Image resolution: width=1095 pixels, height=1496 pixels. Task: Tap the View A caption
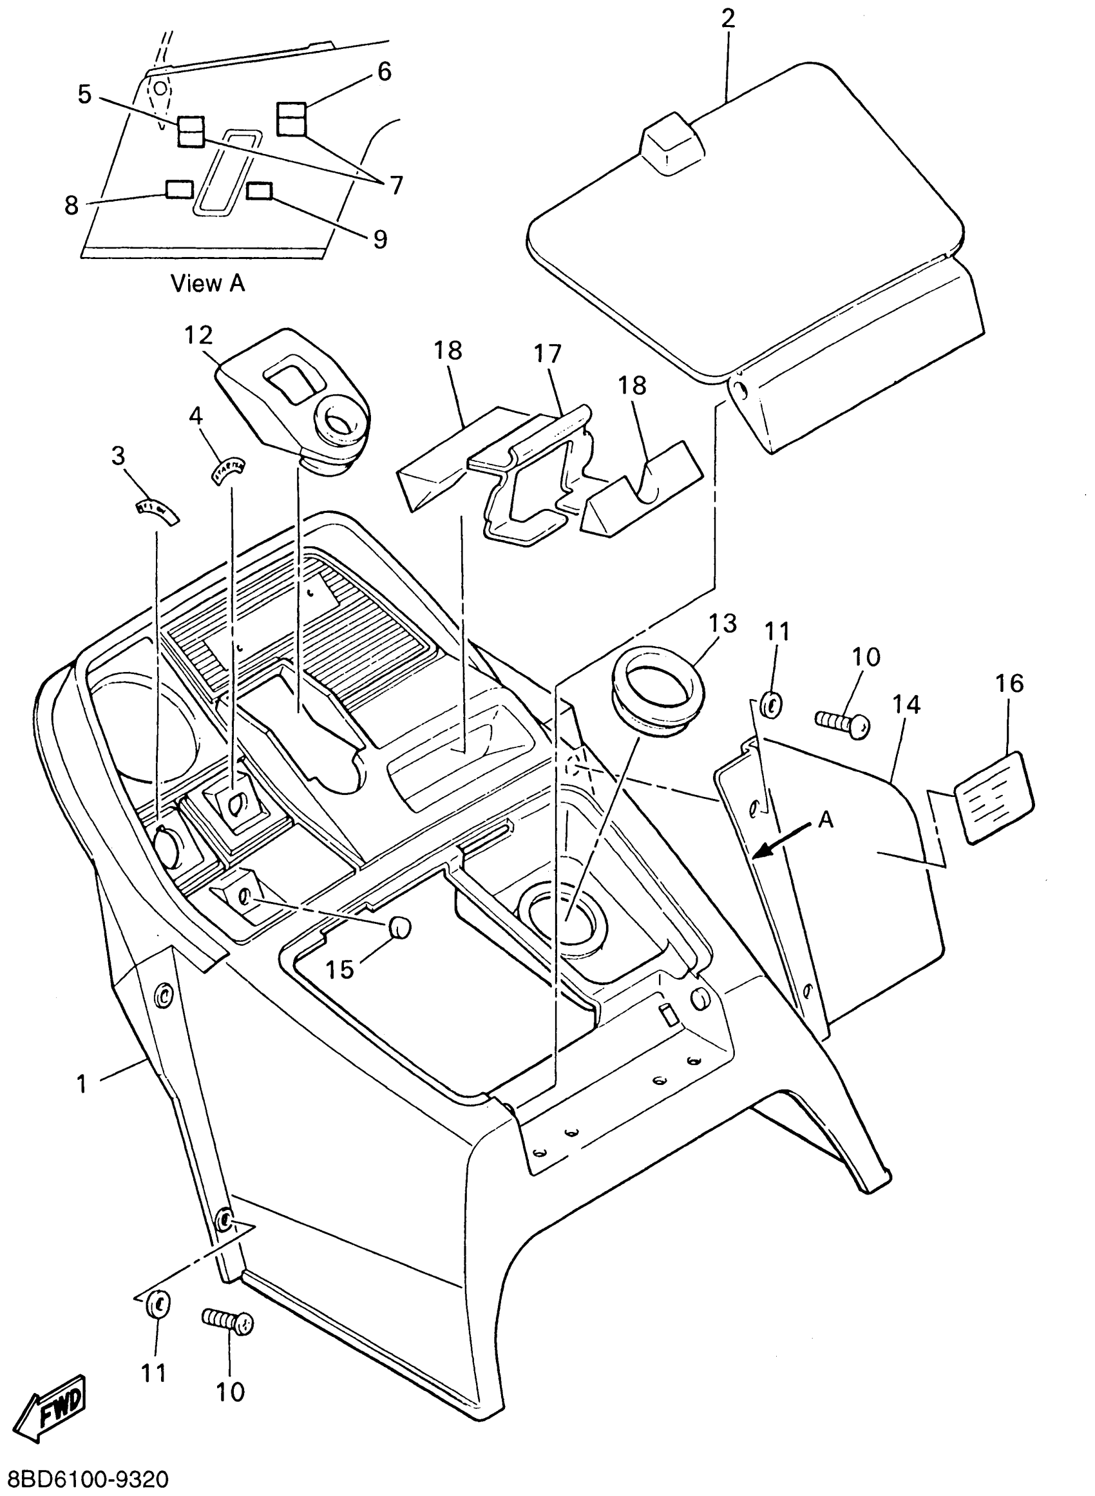point(207,283)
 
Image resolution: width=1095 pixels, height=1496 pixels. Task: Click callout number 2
point(728,19)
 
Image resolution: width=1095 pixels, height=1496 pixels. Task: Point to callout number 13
point(723,624)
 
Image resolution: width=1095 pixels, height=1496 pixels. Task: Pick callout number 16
point(1009,684)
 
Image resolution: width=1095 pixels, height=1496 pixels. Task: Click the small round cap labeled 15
point(400,927)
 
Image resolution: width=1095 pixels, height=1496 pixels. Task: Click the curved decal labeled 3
point(153,510)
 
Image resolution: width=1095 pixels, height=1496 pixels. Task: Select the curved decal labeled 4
point(229,469)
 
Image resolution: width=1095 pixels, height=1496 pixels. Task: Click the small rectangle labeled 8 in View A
point(179,189)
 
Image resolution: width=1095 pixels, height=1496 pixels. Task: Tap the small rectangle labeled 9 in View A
point(259,191)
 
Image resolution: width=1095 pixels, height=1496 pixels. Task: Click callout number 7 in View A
point(395,186)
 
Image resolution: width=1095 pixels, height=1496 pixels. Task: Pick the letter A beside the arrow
point(825,821)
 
